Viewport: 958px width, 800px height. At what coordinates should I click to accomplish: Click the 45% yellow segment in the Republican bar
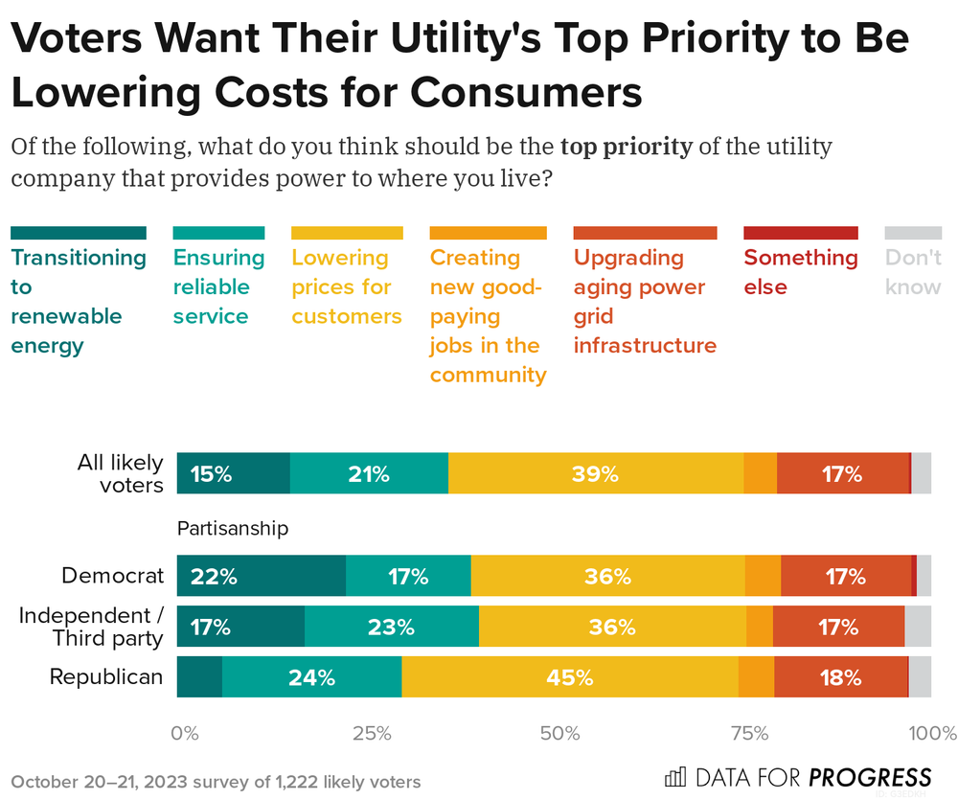coord(571,677)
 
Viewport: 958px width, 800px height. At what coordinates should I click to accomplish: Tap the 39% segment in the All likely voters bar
coord(596,474)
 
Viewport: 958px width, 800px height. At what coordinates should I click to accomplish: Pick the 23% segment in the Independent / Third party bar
coord(391,627)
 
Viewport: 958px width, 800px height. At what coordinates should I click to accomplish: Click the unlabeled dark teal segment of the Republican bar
coord(199,677)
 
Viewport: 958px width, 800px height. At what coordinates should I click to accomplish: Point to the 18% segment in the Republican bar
coord(840,677)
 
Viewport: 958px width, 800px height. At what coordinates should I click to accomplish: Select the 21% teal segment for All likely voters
coord(369,474)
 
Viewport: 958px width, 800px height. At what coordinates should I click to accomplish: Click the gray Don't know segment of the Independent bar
coord(918,627)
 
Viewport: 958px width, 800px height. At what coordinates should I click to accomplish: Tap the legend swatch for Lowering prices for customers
coord(347,233)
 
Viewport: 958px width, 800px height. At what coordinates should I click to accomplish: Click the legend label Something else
coord(800,272)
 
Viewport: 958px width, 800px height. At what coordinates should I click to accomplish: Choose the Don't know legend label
coord(912,272)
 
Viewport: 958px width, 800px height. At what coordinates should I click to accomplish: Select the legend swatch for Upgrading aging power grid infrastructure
coord(645,233)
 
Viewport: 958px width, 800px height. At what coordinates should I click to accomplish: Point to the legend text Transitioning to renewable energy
coord(78,301)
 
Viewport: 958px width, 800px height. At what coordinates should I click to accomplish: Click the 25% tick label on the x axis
coord(372,735)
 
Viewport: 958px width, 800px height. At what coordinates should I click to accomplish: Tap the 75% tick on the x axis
coord(749,735)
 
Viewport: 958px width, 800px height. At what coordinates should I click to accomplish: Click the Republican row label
coord(106,677)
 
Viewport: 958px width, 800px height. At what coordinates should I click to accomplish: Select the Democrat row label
coord(112,576)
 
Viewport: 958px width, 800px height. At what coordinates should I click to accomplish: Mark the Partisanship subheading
coord(233,528)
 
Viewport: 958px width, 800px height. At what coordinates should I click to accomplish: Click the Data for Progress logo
coord(798,776)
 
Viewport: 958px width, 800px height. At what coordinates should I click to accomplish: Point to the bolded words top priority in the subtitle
coord(626,148)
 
